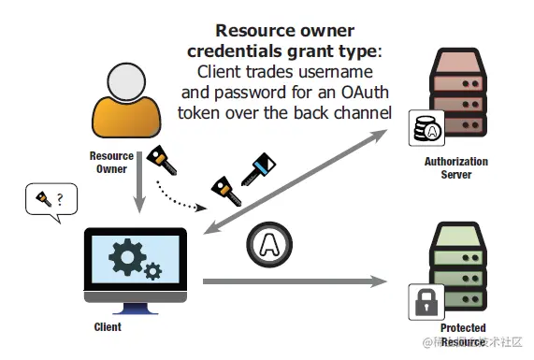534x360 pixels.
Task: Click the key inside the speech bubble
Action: pyautogui.click(x=43, y=198)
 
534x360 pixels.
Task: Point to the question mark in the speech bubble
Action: pyautogui.click(x=59, y=198)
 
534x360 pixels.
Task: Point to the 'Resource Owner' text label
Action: pyautogui.click(x=111, y=163)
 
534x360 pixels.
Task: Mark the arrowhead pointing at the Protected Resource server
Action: pyautogui.click(x=379, y=280)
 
